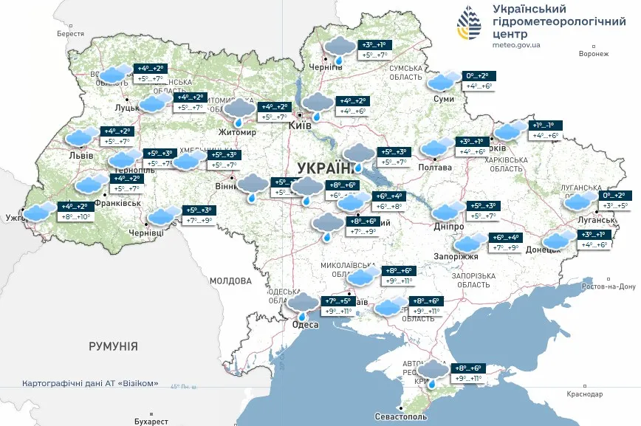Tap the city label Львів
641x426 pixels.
pos(80,156)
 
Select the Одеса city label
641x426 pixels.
pos(305,325)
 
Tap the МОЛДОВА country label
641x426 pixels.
pos(230,281)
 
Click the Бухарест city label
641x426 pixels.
pos(152,421)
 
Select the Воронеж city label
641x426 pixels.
pos(594,54)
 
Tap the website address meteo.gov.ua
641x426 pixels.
pos(515,45)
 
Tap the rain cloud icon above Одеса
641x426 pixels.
pos(303,303)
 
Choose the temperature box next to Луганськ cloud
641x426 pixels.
pos(619,202)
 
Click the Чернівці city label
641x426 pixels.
pos(146,233)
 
